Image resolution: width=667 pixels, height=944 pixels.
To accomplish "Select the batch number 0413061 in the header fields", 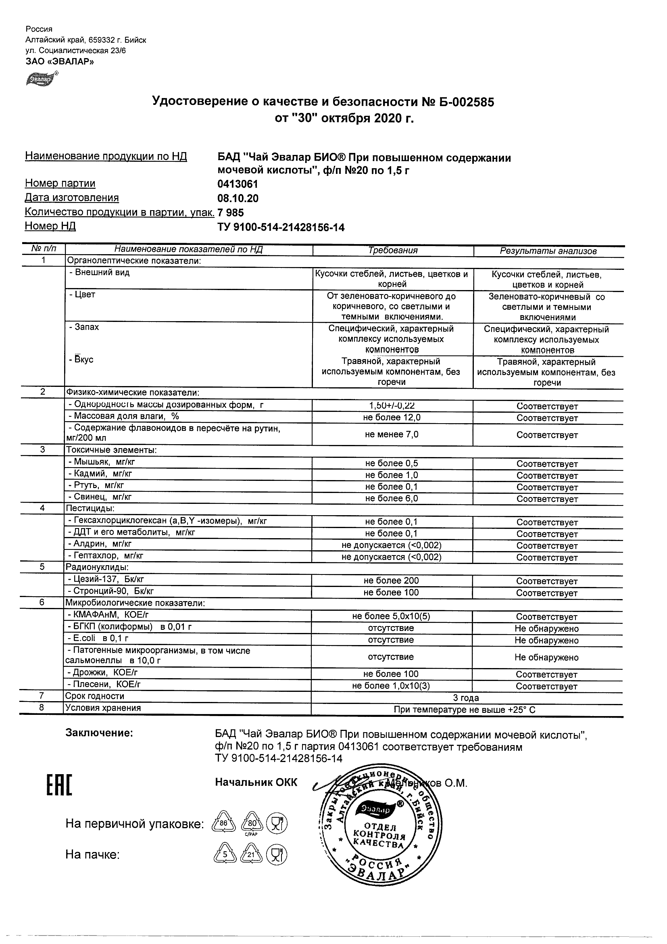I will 238,184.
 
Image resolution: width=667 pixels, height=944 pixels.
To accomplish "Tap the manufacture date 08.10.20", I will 238,198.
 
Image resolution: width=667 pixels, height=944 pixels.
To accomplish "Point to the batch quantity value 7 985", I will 231,213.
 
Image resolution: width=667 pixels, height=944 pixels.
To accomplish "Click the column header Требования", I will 393,251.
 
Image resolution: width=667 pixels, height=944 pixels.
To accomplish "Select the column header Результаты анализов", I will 548,251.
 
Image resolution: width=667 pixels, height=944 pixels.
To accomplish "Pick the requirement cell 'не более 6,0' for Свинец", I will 392,498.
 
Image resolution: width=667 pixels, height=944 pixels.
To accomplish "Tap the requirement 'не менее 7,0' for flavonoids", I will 392,434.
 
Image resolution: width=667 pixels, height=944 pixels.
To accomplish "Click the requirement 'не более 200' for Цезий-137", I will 391,581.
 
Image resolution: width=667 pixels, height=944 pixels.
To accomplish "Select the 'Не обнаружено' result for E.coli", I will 546,640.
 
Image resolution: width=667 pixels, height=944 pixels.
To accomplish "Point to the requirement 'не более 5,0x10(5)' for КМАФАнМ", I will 391,616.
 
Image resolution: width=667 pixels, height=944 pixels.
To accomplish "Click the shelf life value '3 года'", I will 466,698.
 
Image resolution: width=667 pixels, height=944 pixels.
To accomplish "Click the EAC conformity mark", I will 59,785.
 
